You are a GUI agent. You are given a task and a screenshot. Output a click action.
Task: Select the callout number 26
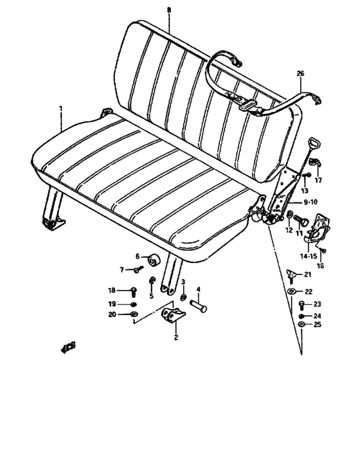pyautogui.click(x=300, y=74)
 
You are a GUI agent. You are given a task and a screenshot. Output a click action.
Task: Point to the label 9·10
pyautogui.click(x=311, y=202)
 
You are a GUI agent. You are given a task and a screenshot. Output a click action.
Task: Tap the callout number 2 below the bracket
pyautogui.click(x=175, y=336)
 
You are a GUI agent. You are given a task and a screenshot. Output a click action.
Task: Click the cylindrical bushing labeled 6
pyautogui.click(x=154, y=260)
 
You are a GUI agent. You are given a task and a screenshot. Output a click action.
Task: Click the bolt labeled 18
pyautogui.click(x=134, y=291)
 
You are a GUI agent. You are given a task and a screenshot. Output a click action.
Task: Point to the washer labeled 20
pyautogui.click(x=133, y=314)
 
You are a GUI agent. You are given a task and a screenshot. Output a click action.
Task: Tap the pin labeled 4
pyautogui.click(x=200, y=308)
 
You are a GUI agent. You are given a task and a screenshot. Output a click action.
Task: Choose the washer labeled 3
pyautogui.click(x=183, y=299)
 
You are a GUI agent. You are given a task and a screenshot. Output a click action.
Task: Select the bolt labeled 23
pyautogui.click(x=301, y=304)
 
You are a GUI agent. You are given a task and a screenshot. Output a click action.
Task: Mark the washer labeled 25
pyautogui.click(x=301, y=325)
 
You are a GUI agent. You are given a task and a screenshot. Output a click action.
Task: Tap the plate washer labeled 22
pyautogui.click(x=291, y=292)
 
